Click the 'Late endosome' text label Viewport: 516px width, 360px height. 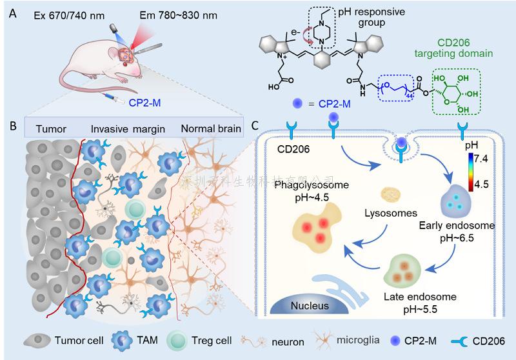(420, 297)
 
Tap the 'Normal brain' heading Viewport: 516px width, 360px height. (210, 128)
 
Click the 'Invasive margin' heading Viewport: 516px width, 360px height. (126, 128)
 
